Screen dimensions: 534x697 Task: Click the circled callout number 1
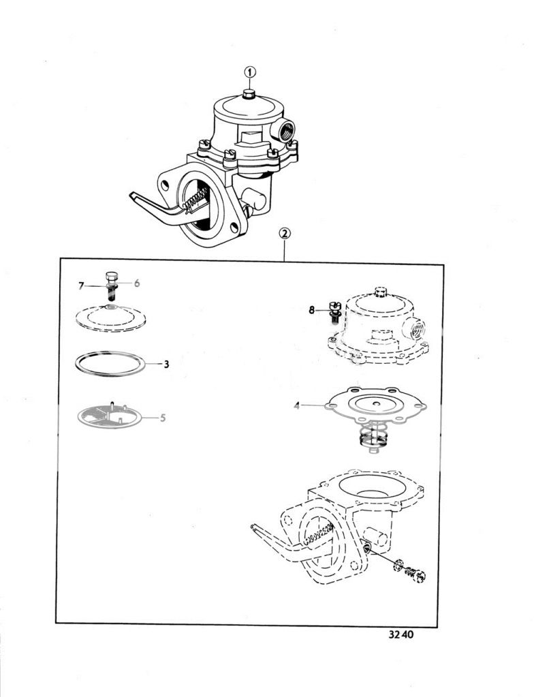(250, 72)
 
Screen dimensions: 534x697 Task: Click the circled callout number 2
(284, 234)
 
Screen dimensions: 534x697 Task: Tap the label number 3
(166, 365)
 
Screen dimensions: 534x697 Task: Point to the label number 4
(297, 405)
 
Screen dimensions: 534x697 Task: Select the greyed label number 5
(163, 418)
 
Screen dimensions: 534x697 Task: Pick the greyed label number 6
(137, 283)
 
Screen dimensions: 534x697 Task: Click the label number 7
(81, 286)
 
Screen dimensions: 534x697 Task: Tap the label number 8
(312, 311)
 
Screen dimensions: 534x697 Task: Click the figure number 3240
(400, 634)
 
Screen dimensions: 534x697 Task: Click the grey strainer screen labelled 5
(109, 415)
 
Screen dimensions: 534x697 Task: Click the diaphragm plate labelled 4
(375, 406)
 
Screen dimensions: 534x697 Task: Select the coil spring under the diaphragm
(372, 438)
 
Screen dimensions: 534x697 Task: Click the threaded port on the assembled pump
(283, 130)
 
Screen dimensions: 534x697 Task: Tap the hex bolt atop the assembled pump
(249, 93)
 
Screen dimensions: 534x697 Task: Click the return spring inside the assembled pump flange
(196, 199)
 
